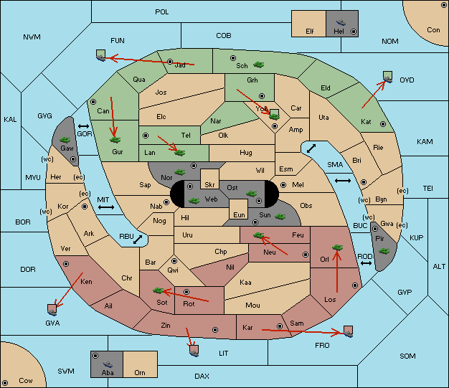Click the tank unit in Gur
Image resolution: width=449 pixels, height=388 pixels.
(115, 140)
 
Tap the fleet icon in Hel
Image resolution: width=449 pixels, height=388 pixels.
(341, 22)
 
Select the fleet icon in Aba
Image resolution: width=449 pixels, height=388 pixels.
(108, 364)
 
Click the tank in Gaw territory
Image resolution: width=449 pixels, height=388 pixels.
(65, 140)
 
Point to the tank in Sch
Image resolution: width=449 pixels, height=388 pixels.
(259, 65)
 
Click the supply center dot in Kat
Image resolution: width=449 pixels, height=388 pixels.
(383, 124)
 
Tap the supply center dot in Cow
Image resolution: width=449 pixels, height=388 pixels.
(5, 382)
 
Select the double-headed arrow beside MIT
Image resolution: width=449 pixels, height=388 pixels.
(106, 207)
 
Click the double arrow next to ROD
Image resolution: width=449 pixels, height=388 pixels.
(366, 263)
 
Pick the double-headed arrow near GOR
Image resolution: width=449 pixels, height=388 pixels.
(83, 126)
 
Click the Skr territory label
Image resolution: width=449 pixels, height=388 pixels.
(209, 185)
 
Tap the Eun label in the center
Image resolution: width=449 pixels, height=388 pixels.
(239, 214)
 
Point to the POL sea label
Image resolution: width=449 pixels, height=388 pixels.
(162, 12)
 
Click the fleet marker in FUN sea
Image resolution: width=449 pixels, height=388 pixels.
(101, 55)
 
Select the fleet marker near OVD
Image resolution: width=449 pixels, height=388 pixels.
(388, 77)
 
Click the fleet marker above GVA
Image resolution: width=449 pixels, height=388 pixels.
(52, 310)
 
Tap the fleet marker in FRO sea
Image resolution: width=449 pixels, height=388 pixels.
(348, 331)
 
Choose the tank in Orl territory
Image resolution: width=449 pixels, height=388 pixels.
(337, 247)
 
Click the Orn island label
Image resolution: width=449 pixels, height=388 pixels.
(140, 372)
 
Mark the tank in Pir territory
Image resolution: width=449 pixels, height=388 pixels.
(384, 251)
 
